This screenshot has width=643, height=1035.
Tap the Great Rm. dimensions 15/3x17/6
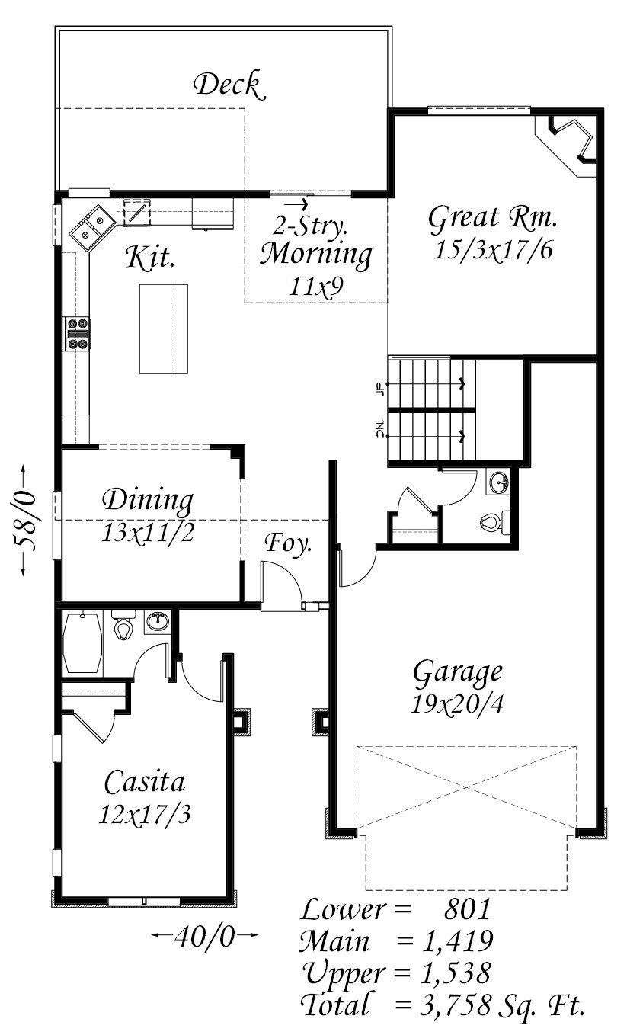tap(493, 251)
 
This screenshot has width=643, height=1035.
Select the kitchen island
tap(164, 329)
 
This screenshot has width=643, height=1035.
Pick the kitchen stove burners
tap(78, 334)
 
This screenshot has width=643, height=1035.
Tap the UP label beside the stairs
tap(381, 389)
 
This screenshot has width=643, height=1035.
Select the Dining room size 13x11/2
tap(147, 533)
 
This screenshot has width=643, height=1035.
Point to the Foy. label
tap(288, 544)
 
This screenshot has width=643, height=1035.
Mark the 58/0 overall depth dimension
tap(24, 520)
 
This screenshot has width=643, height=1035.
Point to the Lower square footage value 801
tap(467, 908)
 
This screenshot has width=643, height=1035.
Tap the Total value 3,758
tap(456, 1003)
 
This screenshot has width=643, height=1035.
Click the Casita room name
tap(145, 781)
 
